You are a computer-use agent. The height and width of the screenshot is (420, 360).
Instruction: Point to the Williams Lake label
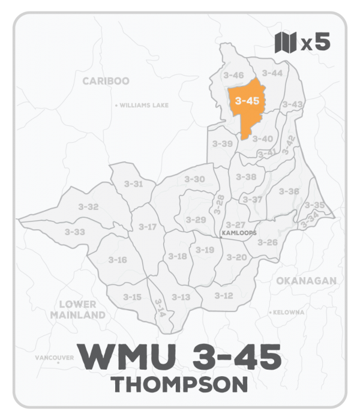coord(143,105)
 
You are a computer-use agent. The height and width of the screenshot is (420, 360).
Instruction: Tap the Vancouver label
coord(54,358)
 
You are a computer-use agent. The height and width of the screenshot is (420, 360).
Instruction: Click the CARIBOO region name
coord(106,81)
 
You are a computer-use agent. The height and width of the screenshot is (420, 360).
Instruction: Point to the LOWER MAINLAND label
coord(78,309)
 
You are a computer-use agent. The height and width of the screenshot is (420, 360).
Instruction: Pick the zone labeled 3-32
coord(88,206)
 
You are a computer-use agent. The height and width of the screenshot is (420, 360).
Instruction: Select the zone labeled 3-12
coord(224,295)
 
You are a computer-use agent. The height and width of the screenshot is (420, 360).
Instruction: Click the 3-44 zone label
coord(273,73)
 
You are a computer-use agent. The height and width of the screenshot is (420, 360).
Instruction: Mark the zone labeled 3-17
coord(147,226)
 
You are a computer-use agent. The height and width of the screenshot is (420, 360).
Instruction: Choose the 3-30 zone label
coord(194,179)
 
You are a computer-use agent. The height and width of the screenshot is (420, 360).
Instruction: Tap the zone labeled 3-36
coord(289,191)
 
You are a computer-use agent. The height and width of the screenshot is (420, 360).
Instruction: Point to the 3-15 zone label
coord(132,296)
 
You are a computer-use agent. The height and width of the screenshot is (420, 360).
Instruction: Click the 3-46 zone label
coord(233,75)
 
